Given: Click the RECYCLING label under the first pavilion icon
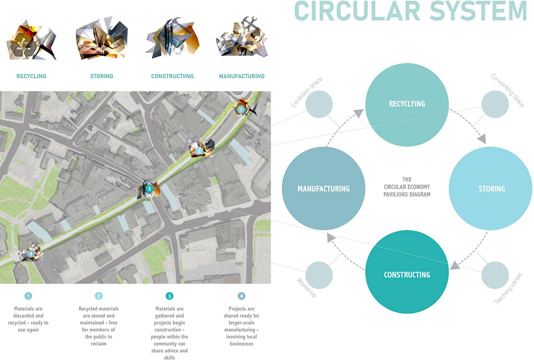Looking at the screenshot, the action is [x=31, y=76].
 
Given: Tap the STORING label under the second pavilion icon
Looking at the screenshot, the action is [x=101, y=76].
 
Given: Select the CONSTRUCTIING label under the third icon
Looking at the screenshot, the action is [x=172, y=76].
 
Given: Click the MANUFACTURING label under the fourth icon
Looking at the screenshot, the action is [x=241, y=76].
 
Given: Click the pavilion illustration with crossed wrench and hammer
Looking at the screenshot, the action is [x=242, y=38].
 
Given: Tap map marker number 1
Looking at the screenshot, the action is [x=241, y=110].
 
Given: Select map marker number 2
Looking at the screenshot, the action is [x=199, y=151].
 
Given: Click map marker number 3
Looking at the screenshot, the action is [x=149, y=189].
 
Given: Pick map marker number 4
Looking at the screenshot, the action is [x=31, y=253].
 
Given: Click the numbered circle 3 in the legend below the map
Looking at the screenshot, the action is [x=169, y=296].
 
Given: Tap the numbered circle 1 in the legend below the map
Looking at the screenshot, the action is [x=28, y=296].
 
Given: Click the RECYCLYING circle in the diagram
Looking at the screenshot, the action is [x=407, y=104].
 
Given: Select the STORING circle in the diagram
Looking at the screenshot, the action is [x=491, y=189].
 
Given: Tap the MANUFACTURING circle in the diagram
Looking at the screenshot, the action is [x=323, y=189].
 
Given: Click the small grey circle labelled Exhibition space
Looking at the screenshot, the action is [x=319, y=104].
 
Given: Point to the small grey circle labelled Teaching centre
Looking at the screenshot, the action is [x=495, y=275].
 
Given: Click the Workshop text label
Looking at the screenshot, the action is [x=307, y=287].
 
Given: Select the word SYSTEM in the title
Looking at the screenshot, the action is [x=478, y=11].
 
